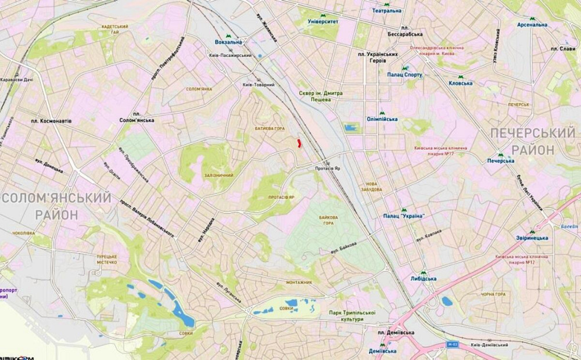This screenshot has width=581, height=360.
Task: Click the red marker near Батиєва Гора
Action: pyautogui.click(x=299, y=143)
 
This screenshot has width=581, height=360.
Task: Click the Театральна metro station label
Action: pyautogui.click(x=386, y=10)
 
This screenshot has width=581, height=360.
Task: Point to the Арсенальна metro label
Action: pyautogui.click(x=532, y=24)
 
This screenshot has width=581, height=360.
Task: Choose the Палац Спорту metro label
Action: pyautogui.click(x=405, y=74)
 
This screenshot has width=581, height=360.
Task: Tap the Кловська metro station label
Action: pyautogui.click(x=461, y=83)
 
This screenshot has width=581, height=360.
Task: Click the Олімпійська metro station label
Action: pyautogui.click(x=382, y=119)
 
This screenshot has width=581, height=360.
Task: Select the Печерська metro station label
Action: pyautogui.click(x=500, y=160)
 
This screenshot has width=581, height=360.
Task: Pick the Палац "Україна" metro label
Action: pyautogui.click(x=404, y=216)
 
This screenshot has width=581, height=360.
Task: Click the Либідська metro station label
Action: pyautogui.click(x=424, y=279)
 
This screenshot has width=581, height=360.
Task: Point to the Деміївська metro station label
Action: pyautogui.click(x=382, y=351)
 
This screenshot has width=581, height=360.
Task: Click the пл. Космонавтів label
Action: pyautogui.click(x=52, y=121)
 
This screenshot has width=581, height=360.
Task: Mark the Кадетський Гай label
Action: pyautogui.click(x=114, y=30)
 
